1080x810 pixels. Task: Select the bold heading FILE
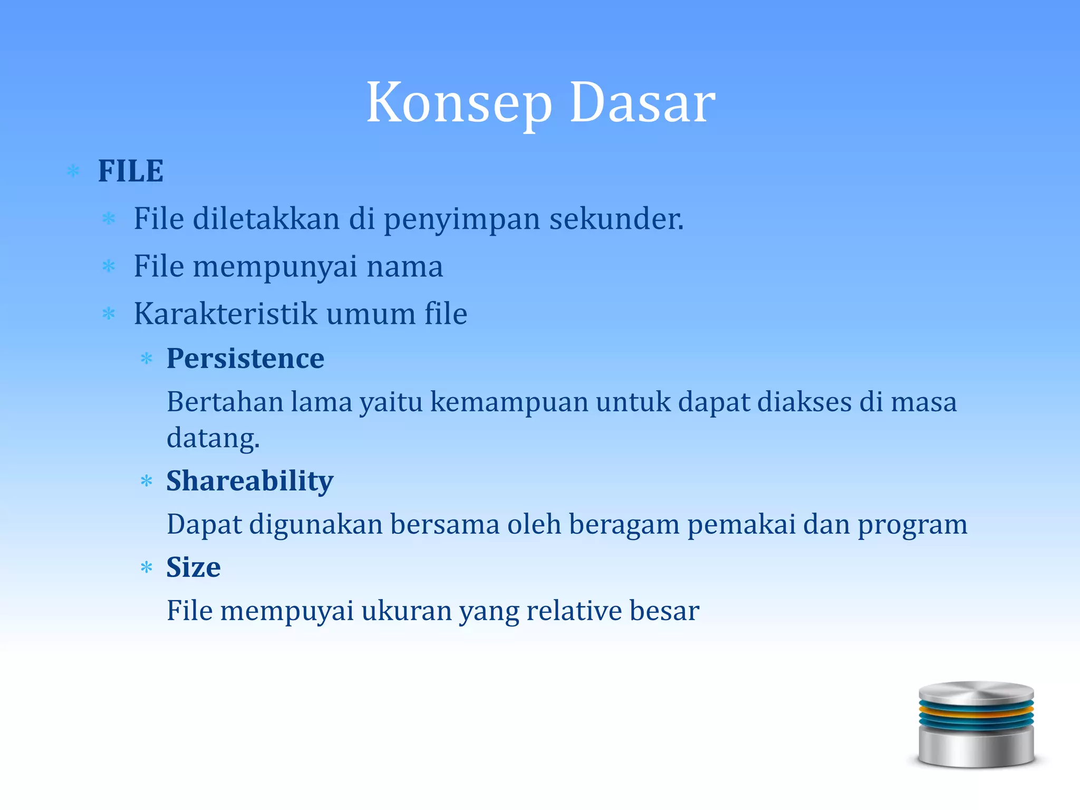pos(131,171)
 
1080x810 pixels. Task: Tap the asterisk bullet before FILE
pos(73,171)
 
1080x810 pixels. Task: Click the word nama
pos(404,266)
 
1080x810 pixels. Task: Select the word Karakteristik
pos(226,314)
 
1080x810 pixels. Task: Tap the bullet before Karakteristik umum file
pos(109,314)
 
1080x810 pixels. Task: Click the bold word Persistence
pos(245,359)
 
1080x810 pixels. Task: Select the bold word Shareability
pos(250,481)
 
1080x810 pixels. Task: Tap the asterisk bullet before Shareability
pos(147,481)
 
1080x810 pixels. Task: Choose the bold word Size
pos(194,567)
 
